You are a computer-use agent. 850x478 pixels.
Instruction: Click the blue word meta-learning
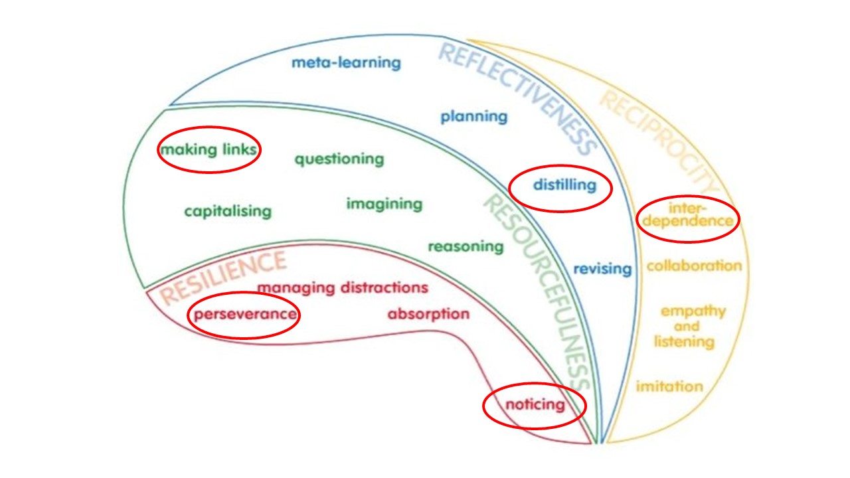coord(346,62)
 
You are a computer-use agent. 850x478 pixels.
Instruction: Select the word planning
coord(474,117)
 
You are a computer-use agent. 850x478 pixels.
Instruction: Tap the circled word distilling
coord(564,185)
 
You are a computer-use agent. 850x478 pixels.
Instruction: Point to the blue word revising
coord(602,269)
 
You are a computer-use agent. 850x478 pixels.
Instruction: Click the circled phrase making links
coord(209,149)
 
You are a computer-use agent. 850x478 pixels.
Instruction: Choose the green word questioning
coord(339,159)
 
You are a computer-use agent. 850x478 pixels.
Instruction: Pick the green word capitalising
coord(228,211)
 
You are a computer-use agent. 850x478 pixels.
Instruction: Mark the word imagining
coord(384,204)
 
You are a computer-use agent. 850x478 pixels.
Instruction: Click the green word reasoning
coord(466,247)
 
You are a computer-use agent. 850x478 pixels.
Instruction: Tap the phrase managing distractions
coord(343,288)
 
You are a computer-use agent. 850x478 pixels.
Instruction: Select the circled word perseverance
coord(245,315)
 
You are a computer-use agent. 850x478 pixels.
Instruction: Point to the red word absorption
coord(428,315)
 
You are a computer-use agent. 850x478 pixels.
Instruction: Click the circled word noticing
coord(535,405)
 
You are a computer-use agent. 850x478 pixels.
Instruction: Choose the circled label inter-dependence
coord(687,214)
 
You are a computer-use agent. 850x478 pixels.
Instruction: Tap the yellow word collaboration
coord(694,266)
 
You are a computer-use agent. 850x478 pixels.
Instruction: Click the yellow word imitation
coord(669,386)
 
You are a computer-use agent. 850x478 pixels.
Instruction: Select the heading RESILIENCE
coord(223,277)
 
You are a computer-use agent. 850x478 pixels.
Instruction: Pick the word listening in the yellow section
coord(684,342)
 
